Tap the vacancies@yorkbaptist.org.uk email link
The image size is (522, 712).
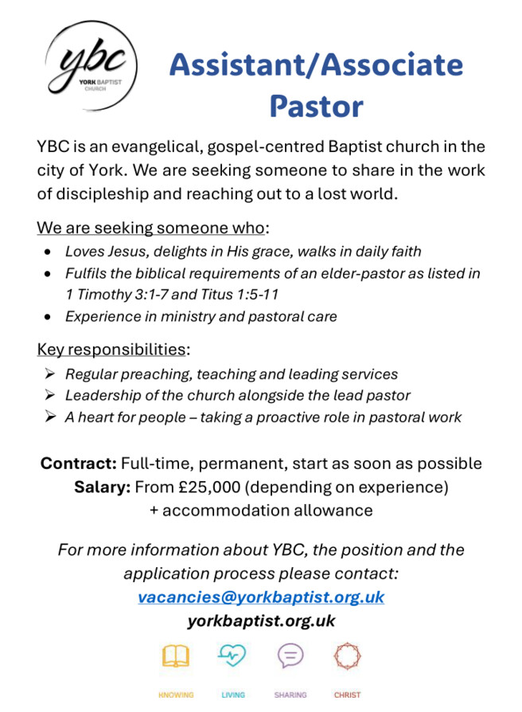(261, 597)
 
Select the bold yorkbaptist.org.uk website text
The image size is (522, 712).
(261, 620)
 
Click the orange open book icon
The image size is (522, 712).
(176, 656)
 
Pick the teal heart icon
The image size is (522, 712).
(232, 656)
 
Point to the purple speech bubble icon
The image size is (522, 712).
(290, 656)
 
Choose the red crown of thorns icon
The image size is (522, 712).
(347, 656)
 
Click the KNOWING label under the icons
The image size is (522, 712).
(176, 694)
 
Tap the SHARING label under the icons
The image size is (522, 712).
(290, 694)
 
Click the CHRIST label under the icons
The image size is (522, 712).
(347, 694)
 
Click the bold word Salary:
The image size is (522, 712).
(103, 487)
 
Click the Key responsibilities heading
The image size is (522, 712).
(111, 349)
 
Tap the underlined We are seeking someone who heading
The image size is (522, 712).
(150, 228)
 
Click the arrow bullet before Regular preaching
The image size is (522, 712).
(49, 374)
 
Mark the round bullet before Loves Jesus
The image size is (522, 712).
(49, 252)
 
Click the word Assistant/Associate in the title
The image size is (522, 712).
(315, 65)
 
